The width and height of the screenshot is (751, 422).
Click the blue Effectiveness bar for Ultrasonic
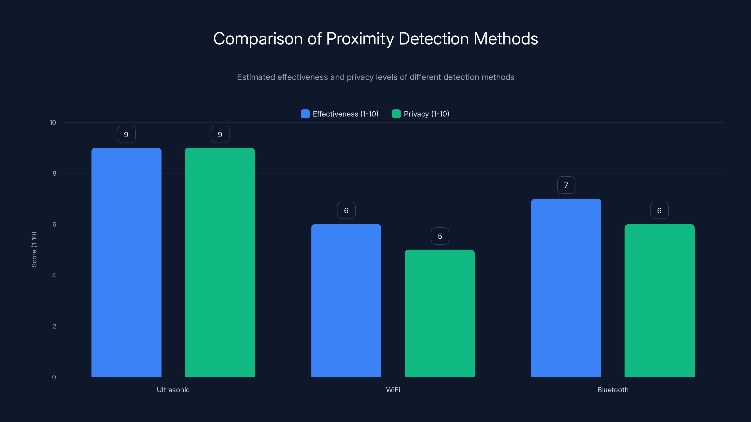click(x=126, y=262)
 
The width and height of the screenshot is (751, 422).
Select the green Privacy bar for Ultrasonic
click(x=220, y=262)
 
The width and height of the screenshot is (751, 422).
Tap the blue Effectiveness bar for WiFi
click(x=346, y=300)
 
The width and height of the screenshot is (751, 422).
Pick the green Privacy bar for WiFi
click(x=440, y=313)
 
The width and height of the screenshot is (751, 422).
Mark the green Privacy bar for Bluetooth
click(x=659, y=300)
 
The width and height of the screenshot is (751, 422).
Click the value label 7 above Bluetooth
click(x=566, y=185)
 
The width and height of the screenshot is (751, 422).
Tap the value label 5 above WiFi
click(x=440, y=236)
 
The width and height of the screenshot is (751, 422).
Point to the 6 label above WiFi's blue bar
click(x=346, y=211)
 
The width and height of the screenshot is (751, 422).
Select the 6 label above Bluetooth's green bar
click(x=659, y=211)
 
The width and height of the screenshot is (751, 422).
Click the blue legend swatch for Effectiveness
click(x=305, y=114)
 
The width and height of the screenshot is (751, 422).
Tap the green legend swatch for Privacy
click(x=396, y=114)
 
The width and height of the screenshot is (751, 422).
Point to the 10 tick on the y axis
click(x=53, y=123)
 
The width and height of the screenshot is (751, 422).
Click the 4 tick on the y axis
click(x=54, y=275)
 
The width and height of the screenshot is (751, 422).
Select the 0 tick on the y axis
click(x=54, y=377)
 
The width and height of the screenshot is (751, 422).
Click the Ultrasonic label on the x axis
click(x=173, y=390)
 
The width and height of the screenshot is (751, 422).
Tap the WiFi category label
click(x=393, y=390)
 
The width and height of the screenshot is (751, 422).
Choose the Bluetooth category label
click(x=613, y=390)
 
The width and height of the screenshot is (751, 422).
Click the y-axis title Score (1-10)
click(x=34, y=249)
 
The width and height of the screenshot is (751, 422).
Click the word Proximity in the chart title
click(x=360, y=39)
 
